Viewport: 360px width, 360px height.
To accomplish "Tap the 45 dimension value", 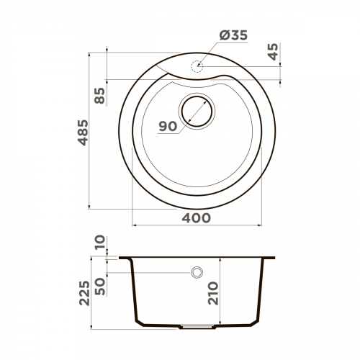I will (x=272, y=52).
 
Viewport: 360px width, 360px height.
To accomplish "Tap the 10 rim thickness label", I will (x=99, y=243).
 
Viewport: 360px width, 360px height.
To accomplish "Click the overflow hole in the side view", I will (x=196, y=273).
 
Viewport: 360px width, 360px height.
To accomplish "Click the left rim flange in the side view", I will (x=124, y=258).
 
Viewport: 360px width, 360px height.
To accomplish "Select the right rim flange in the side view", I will (x=269, y=258).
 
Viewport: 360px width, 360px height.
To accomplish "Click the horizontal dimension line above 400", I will (x=196, y=225).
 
